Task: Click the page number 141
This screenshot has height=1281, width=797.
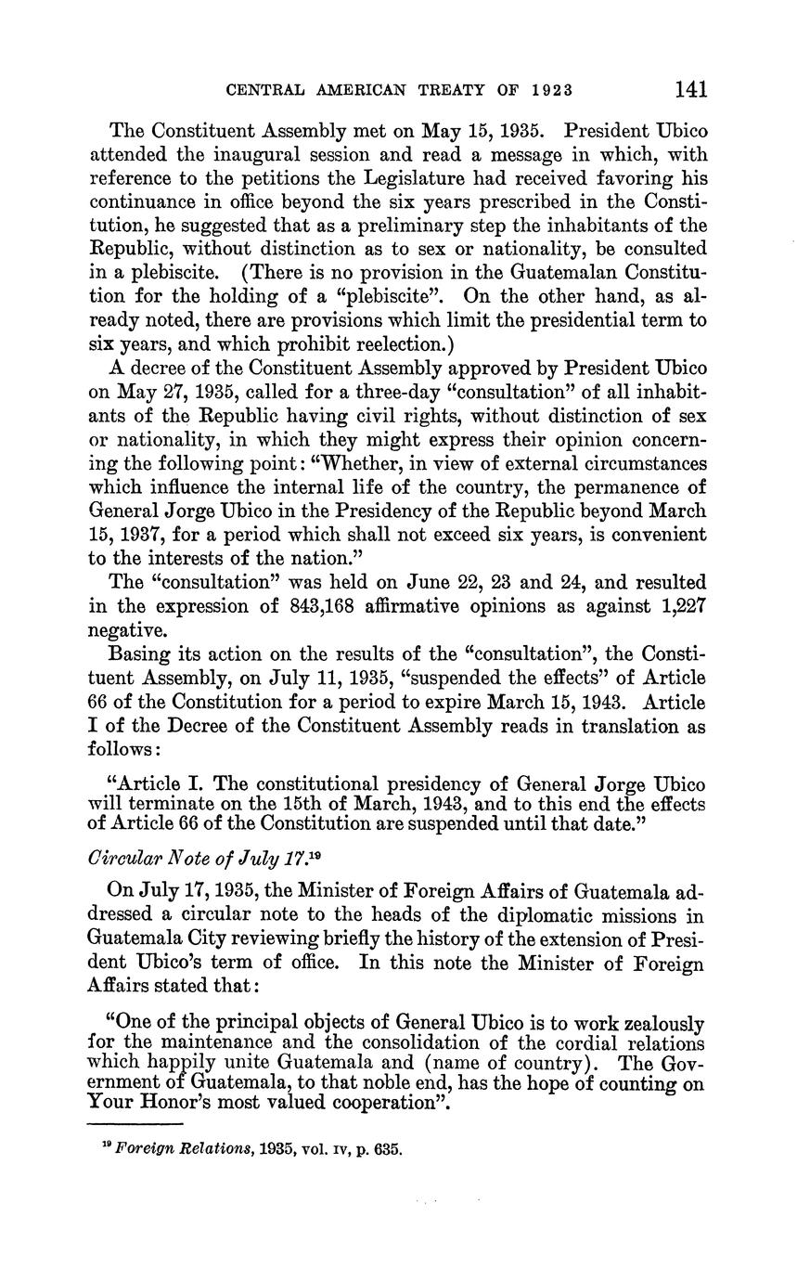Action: (x=691, y=89)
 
